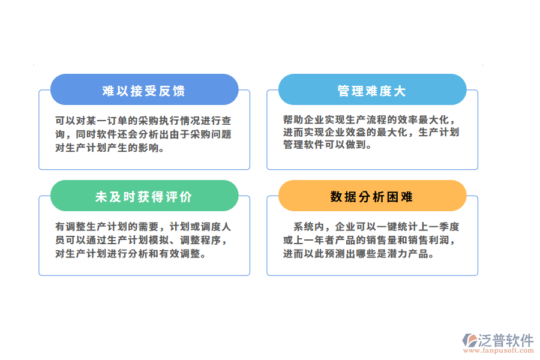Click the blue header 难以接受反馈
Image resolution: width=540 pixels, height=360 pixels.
click(x=144, y=91)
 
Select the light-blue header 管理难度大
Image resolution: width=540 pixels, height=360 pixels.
click(x=372, y=91)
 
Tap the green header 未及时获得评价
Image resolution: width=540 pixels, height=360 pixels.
click(x=144, y=197)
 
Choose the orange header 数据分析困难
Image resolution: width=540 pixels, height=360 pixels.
click(x=372, y=197)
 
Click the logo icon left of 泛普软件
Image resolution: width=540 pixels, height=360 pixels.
click(x=470, y=341)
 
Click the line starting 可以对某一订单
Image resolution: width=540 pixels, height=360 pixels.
click(x=143, y=120)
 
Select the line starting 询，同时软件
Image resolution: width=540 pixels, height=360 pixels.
click(x=143, y=134)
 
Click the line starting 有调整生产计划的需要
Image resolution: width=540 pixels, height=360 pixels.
click(x=143, y=227)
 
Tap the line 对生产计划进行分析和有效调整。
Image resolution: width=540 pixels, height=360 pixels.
click(x=131, y=254)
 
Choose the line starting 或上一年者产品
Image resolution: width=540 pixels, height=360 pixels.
click(x=371, y=241)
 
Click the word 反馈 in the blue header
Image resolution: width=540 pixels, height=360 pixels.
click(x=173, y=91)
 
